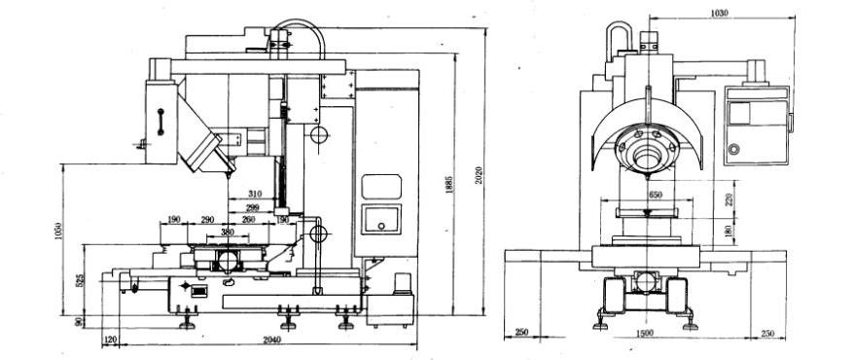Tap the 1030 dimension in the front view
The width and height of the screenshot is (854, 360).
coord(720,14)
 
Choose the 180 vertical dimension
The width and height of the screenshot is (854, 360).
coord(729,230)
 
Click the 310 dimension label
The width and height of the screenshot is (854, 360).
coord(255,193)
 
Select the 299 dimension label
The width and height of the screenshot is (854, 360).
coord(253,208)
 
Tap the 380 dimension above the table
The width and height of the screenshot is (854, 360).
coord(227,233)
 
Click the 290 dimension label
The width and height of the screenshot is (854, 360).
coord(207,220)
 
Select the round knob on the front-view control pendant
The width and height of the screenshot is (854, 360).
coord(734,149)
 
